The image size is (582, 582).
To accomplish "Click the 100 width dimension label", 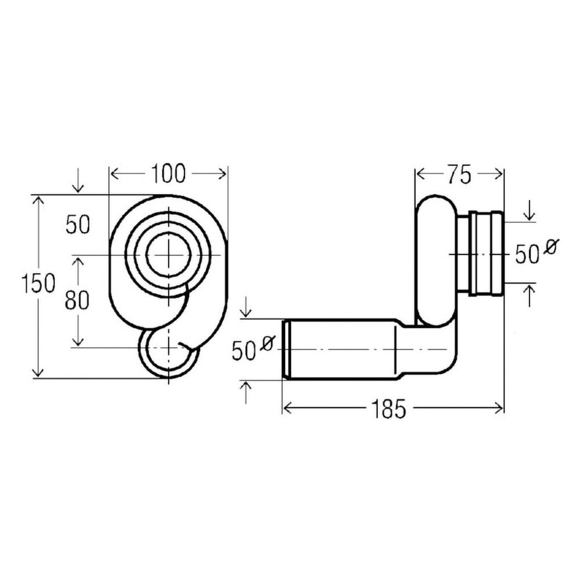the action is [168, 173].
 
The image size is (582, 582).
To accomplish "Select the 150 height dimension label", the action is [38, 283].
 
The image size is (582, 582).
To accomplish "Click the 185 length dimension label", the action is [389, 409].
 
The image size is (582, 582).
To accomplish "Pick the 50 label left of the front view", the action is [78, 225].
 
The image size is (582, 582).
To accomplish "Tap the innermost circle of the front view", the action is [169, 255].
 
